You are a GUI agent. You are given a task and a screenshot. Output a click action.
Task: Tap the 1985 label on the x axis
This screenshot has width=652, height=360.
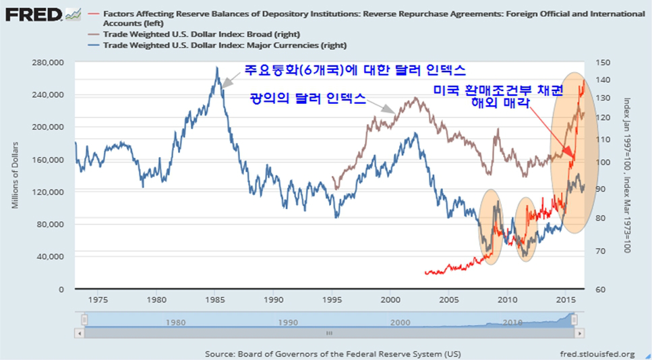click(215, 298)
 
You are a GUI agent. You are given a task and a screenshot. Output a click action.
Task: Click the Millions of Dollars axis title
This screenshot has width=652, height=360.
click(15, 175)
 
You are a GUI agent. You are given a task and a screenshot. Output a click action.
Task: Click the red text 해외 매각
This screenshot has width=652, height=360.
click(500, 104)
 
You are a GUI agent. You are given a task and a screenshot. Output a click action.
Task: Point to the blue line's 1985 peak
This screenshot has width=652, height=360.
click(216, 68)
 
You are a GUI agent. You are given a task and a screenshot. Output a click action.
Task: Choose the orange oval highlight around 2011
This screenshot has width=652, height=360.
click(526, 229)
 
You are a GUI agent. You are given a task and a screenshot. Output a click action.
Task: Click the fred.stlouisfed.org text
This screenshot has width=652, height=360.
click(597, 353)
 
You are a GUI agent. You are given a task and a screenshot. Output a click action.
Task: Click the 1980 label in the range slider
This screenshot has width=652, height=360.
click(175, 322)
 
